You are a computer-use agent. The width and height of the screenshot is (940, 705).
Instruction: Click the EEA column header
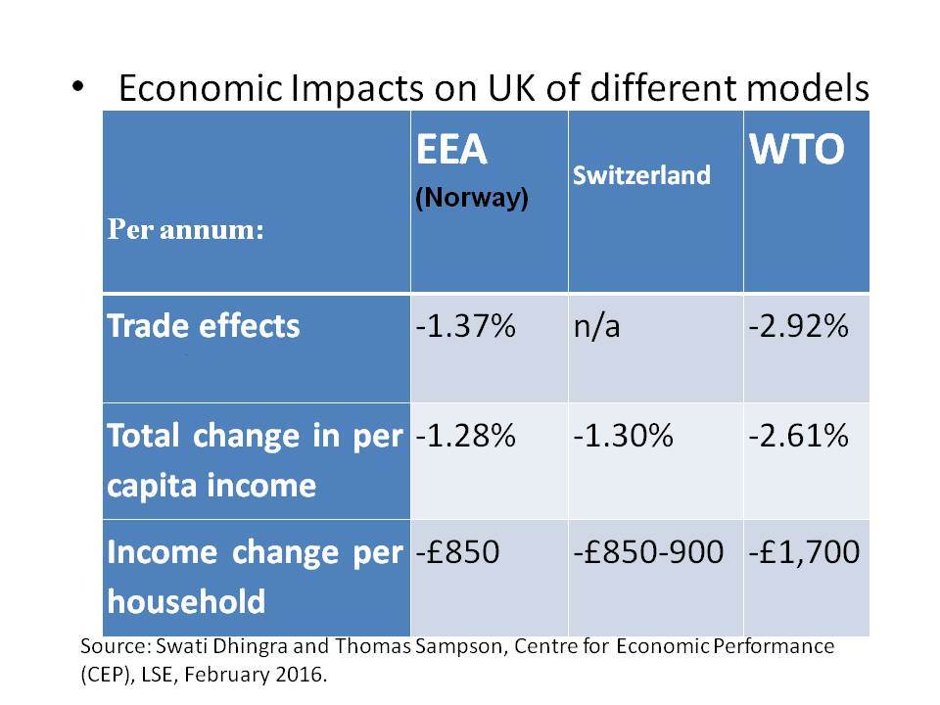(451, 149)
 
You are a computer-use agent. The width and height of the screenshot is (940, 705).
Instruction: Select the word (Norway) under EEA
(472, 198)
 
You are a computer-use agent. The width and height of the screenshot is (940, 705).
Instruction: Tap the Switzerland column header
(641, 175)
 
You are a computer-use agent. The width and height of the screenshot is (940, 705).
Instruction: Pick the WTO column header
(797, 149)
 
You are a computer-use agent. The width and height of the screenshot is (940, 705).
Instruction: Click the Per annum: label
(186, 229)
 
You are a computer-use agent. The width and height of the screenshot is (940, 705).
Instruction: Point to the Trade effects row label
(204, 327)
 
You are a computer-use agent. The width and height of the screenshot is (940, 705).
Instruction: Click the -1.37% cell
(465, 327)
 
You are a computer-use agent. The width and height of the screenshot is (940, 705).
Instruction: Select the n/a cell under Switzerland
(596, 327)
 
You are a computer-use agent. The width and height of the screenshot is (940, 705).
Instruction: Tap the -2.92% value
(799, 327)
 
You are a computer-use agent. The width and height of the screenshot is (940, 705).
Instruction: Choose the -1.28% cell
(465, 436)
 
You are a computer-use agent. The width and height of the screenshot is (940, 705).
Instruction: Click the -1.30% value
(624, 436)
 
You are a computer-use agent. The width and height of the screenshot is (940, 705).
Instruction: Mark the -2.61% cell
(799, 436)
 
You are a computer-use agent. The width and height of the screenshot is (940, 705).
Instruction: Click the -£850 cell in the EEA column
(457, 552)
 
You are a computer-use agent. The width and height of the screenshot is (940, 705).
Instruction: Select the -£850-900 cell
(648, 552)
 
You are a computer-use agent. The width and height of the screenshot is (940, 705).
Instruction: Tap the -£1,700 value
(804, 552)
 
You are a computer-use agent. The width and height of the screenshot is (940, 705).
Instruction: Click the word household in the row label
(186, 601)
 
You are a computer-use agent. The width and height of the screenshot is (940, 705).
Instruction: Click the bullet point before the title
(78, 86)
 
